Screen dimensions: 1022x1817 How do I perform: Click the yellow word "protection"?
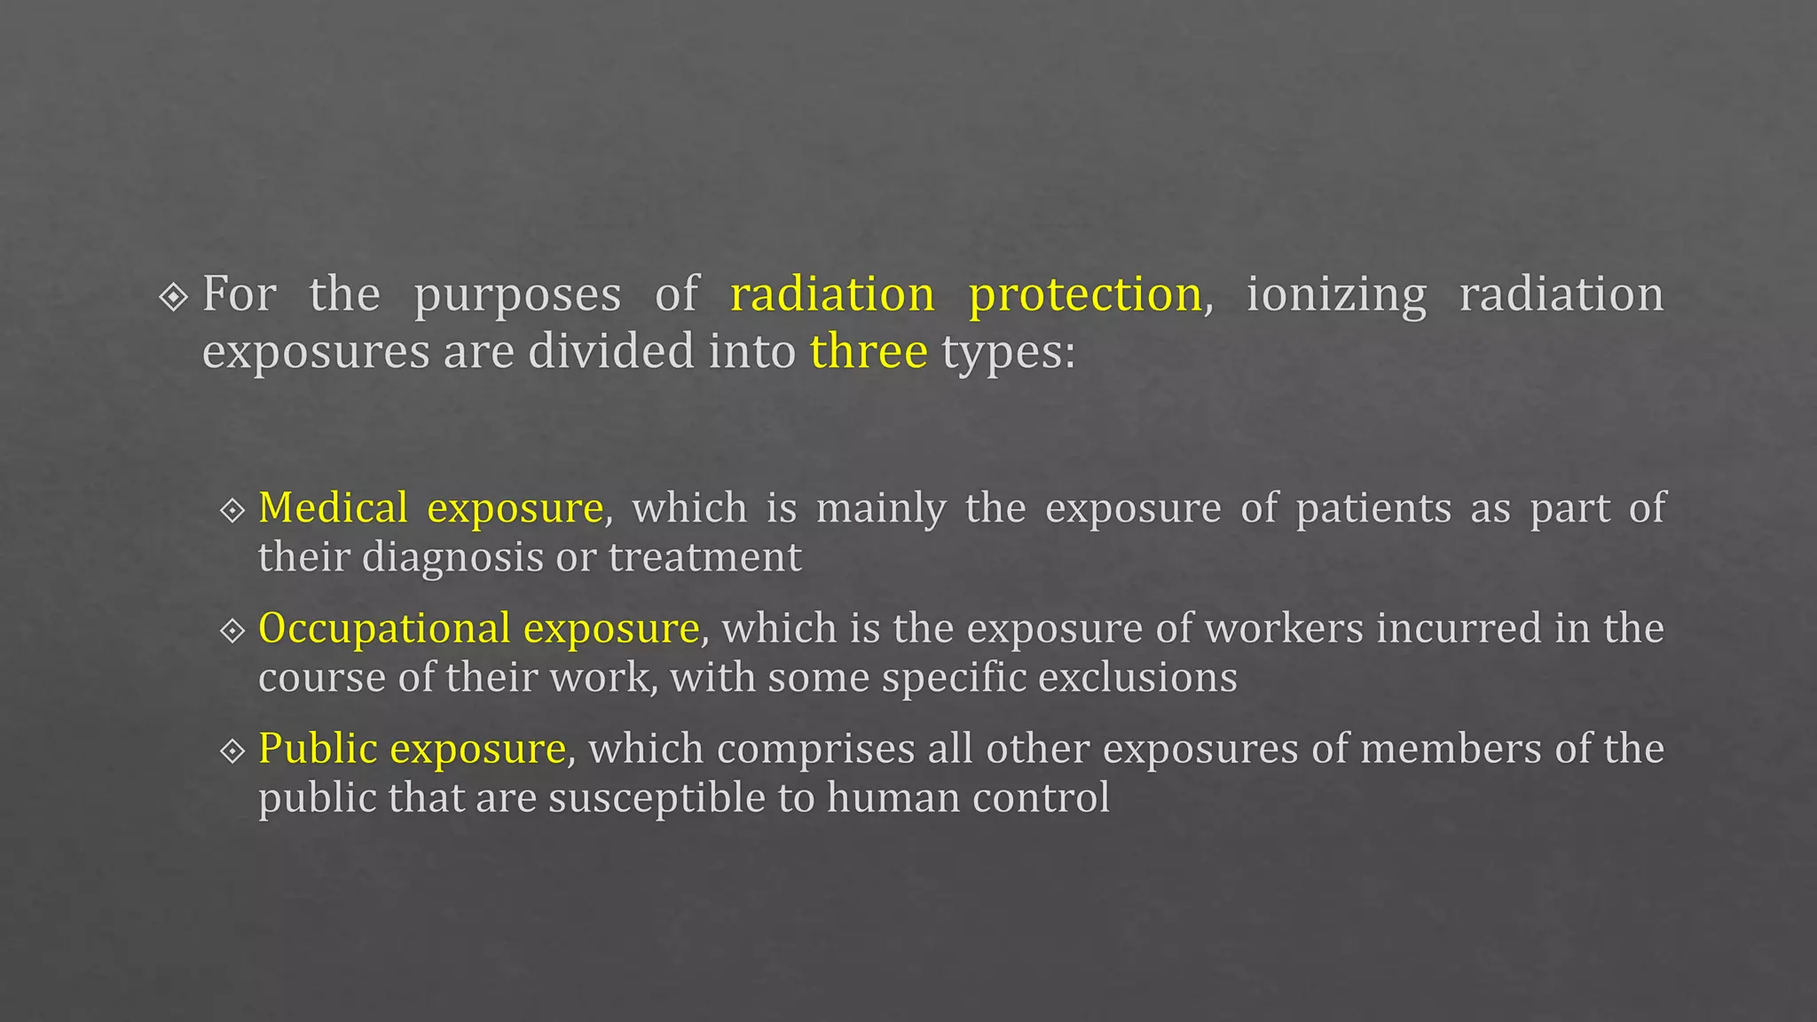point(1085,295)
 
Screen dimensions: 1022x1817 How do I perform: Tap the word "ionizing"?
point(1336,295)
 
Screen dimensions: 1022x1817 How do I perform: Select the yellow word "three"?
point(869,351)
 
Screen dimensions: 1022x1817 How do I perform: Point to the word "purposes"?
point(517,295)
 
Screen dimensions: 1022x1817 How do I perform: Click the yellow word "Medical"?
point(334,508)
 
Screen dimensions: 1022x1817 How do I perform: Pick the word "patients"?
point(1373,508)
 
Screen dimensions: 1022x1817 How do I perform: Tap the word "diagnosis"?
point(452,558)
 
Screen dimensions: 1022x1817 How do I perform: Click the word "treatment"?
point(705,558)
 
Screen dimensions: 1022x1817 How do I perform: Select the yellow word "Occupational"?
point(384,629)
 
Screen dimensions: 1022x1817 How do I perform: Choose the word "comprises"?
point(815,750)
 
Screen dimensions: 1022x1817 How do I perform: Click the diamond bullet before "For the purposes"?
point(173,297)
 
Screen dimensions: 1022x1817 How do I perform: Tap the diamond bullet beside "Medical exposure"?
point(232,510)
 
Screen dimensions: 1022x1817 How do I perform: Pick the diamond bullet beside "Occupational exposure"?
point(232,631)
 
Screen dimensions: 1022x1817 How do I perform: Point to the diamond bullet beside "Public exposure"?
point(232,751)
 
